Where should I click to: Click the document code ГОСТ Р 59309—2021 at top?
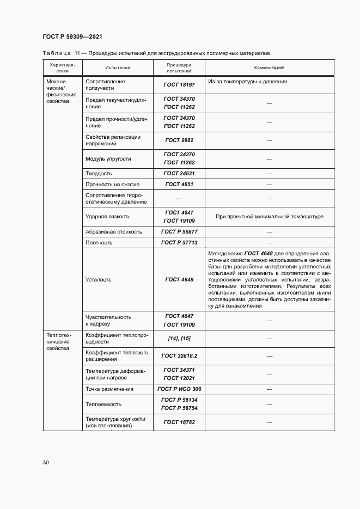[72, 36]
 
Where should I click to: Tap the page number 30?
[46, 462]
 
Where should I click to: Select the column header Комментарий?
[269, 68]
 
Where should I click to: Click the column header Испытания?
[118, 68]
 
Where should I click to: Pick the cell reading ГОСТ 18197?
[179, 85]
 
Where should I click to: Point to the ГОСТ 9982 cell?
[179, 140]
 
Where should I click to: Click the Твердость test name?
[99, 173]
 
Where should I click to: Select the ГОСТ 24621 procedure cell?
[179, 173]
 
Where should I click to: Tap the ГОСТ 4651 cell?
[179, 185]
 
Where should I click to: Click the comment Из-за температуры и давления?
[247, 82]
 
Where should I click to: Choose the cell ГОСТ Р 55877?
[179, 231]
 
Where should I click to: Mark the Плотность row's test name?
[99, 243]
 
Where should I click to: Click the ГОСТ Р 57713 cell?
[179, 243]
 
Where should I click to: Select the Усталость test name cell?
[99, 279]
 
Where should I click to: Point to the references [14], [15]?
[179, 338]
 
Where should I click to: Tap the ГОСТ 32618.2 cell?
[179, 355]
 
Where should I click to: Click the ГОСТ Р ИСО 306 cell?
[179, 389]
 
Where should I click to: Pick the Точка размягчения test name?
[109, 389]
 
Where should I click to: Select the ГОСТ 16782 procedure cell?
[179, 422]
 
